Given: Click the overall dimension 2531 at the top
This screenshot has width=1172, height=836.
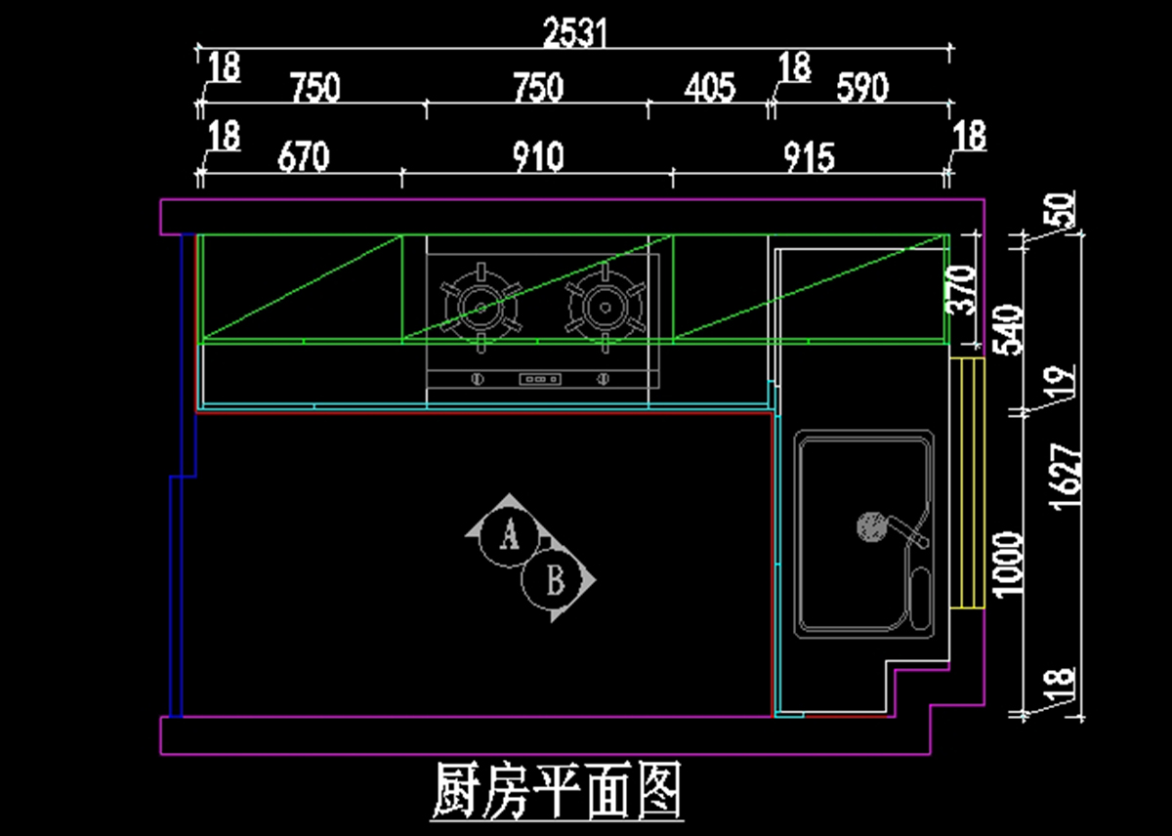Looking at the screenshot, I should click(x=575, y=33).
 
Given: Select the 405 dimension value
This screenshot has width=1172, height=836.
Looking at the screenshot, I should click(x=709, y=88).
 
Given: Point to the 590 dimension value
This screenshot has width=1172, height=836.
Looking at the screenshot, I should click(x=862, y=88).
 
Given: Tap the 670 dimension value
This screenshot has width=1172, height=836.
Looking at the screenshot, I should click(x=303, y=156).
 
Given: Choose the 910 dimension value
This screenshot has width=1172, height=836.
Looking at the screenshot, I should click(x=538, y=156).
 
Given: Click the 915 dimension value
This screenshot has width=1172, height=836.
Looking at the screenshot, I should click(x=809, y=156).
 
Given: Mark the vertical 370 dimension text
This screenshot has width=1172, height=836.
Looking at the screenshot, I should click(x=963, y=289).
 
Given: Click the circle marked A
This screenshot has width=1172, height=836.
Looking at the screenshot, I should click(x=508, y=535).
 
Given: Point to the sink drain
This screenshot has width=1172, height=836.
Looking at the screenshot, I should click(x=868, y=527).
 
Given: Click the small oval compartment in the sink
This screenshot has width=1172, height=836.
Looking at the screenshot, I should click(x=919, y=596).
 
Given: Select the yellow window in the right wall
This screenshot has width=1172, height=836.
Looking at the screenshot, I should click(x=967, y=483).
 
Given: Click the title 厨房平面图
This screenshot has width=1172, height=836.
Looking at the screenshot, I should click(x=556, y=791).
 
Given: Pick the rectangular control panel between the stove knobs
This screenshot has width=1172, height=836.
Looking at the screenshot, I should click(x=540, y=378).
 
